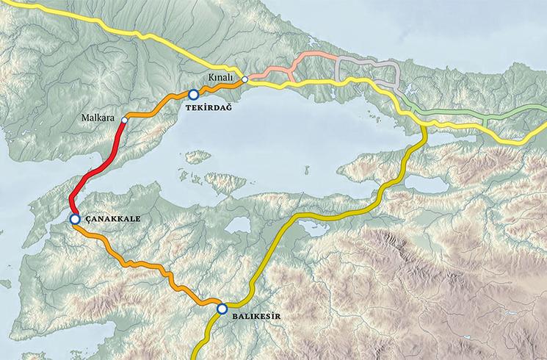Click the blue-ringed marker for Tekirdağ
193,94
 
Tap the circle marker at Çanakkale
75,219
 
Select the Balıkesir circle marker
222,309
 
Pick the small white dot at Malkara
124,119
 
